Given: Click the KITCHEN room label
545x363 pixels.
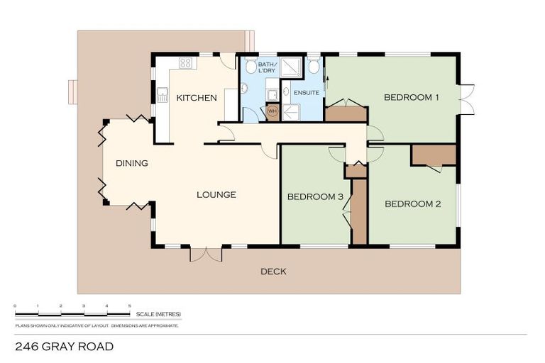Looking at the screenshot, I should coord(197,98).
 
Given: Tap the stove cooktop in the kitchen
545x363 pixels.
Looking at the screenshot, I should coord(186,63).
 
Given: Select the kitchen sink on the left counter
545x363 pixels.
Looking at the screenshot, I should coord(162,94).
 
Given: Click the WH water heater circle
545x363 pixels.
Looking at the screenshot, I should coord(272,111).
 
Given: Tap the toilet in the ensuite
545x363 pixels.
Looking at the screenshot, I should coord(313,67).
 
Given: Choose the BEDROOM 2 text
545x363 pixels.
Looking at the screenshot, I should coord(413,204).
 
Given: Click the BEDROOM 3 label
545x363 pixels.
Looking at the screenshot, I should coord(315,196).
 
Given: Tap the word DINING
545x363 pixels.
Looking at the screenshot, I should coord(132,163).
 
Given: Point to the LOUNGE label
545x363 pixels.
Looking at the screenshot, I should coord(216,194).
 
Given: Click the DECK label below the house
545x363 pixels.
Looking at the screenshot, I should coord(273,272).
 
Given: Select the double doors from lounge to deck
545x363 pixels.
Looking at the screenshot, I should coord(206,254).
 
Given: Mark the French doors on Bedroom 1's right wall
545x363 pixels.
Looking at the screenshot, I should coord(466,99).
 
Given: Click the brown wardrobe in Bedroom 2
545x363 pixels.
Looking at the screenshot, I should coord(434,155).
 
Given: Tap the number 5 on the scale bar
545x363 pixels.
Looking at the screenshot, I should coord(129,306).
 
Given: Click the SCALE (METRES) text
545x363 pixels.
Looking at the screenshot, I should coord(160,313).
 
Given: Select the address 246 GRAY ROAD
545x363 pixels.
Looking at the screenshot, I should coord(64,347).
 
